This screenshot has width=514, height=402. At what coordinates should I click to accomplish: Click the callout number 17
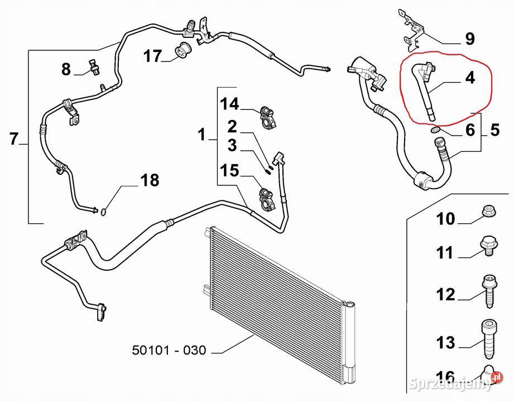152,56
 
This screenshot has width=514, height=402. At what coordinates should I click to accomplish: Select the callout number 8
66,70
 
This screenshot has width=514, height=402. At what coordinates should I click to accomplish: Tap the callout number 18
149,180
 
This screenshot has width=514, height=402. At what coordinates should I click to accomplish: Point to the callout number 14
229,104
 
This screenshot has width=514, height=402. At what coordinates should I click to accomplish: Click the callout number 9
470,39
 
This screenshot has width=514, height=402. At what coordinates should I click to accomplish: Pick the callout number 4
470,78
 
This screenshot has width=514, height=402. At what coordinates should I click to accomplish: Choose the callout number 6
470,130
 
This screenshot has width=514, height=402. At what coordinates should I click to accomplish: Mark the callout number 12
445,294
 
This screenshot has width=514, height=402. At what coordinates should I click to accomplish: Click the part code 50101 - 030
169,351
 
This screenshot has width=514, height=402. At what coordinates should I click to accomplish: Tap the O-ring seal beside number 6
436,131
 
